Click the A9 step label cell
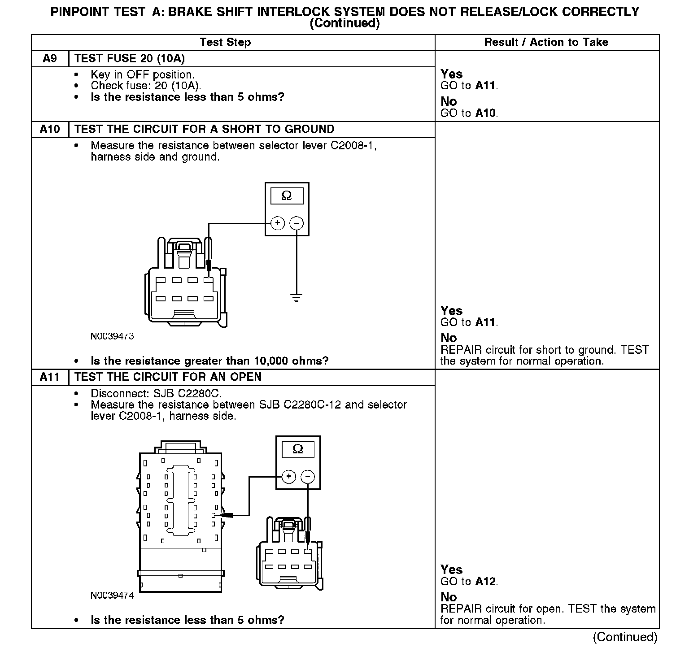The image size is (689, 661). click(49, 59)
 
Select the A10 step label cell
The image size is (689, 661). click(49, 130)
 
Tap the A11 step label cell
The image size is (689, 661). click(49, 377)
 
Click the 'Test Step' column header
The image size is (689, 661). click(225, 43)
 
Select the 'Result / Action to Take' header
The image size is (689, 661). click(546, 43)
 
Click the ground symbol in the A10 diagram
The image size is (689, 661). click(296, 297)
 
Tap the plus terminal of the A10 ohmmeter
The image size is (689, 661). click(278, 223)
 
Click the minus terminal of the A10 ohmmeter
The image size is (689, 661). click(296, 223)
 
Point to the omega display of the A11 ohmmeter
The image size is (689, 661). click(298, 449)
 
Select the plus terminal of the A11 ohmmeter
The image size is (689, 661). click(289, 476)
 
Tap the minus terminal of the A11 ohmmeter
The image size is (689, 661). click(307, 476)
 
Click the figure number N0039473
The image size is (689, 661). click(112, 336)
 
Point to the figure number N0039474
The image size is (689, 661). click(112, 596)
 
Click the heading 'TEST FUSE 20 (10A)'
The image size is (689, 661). click(130, 59)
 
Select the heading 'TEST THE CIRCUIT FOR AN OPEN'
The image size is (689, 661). click(168, 377)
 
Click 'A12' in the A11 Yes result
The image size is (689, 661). click(486, 582)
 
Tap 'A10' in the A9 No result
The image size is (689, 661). click(486, 113)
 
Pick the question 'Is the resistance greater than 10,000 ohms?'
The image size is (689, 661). click(209, 361)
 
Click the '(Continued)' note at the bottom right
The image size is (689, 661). click(625, 637)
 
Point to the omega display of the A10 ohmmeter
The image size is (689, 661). click(287, 196)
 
